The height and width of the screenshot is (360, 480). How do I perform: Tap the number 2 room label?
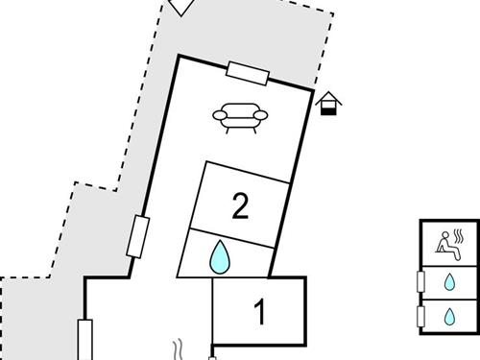pyautogui.click(x=240, y=205)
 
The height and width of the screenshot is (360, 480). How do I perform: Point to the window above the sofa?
pyautogui.click(x=247, y=73)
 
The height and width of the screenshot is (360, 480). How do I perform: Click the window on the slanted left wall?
pyautogui.click(x=138, y=237)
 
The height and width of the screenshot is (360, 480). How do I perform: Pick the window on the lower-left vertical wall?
pyautogui.click(x=84, y=340)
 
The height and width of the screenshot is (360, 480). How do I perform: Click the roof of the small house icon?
pyautogui.click(x=328, y=97)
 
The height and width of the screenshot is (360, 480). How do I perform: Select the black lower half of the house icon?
pyautogui.click(x=328, y=111)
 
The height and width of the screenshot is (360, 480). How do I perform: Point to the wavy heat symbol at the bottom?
pyautogui.click(x=178, y=348)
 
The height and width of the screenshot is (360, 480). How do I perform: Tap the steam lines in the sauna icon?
pyautogui.click(x=463, y=234)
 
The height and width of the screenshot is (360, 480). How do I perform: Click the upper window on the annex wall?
pyautogui.click(x=420, y=281)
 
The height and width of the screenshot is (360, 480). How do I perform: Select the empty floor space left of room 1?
pyautogui.click(x=144, y=317)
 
